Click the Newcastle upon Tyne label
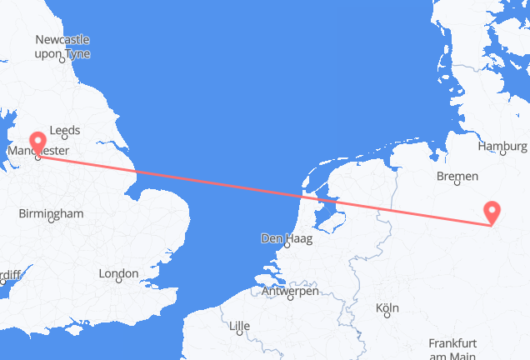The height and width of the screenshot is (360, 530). pos(62,47)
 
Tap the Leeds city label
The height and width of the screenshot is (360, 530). pos(64,131)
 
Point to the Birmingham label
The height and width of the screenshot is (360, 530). pos(52,214)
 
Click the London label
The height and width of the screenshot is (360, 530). pos(118,273)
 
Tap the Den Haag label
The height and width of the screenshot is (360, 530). pos(286,238)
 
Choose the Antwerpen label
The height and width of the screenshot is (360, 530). pos(289,291)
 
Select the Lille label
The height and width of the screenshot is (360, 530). pos(239,324)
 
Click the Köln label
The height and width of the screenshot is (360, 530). pos(387,308)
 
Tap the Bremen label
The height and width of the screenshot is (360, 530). pos(457,176)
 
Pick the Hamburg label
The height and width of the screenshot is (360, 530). pos(503,147)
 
